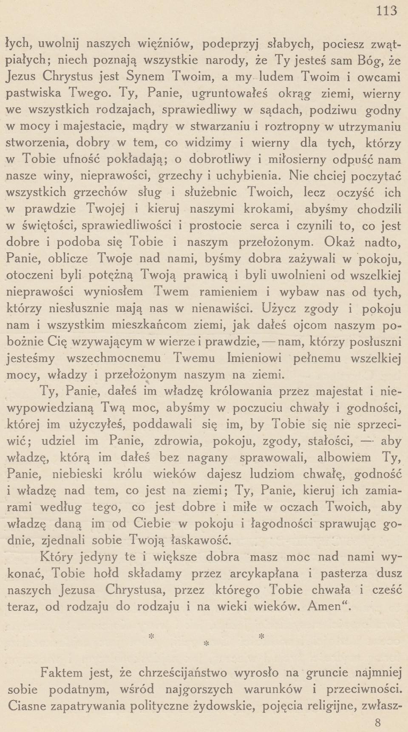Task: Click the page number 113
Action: [386, 10]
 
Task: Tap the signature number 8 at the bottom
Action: [379, 723]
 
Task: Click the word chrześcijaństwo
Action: [189, 673]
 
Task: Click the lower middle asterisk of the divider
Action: [207, 644]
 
